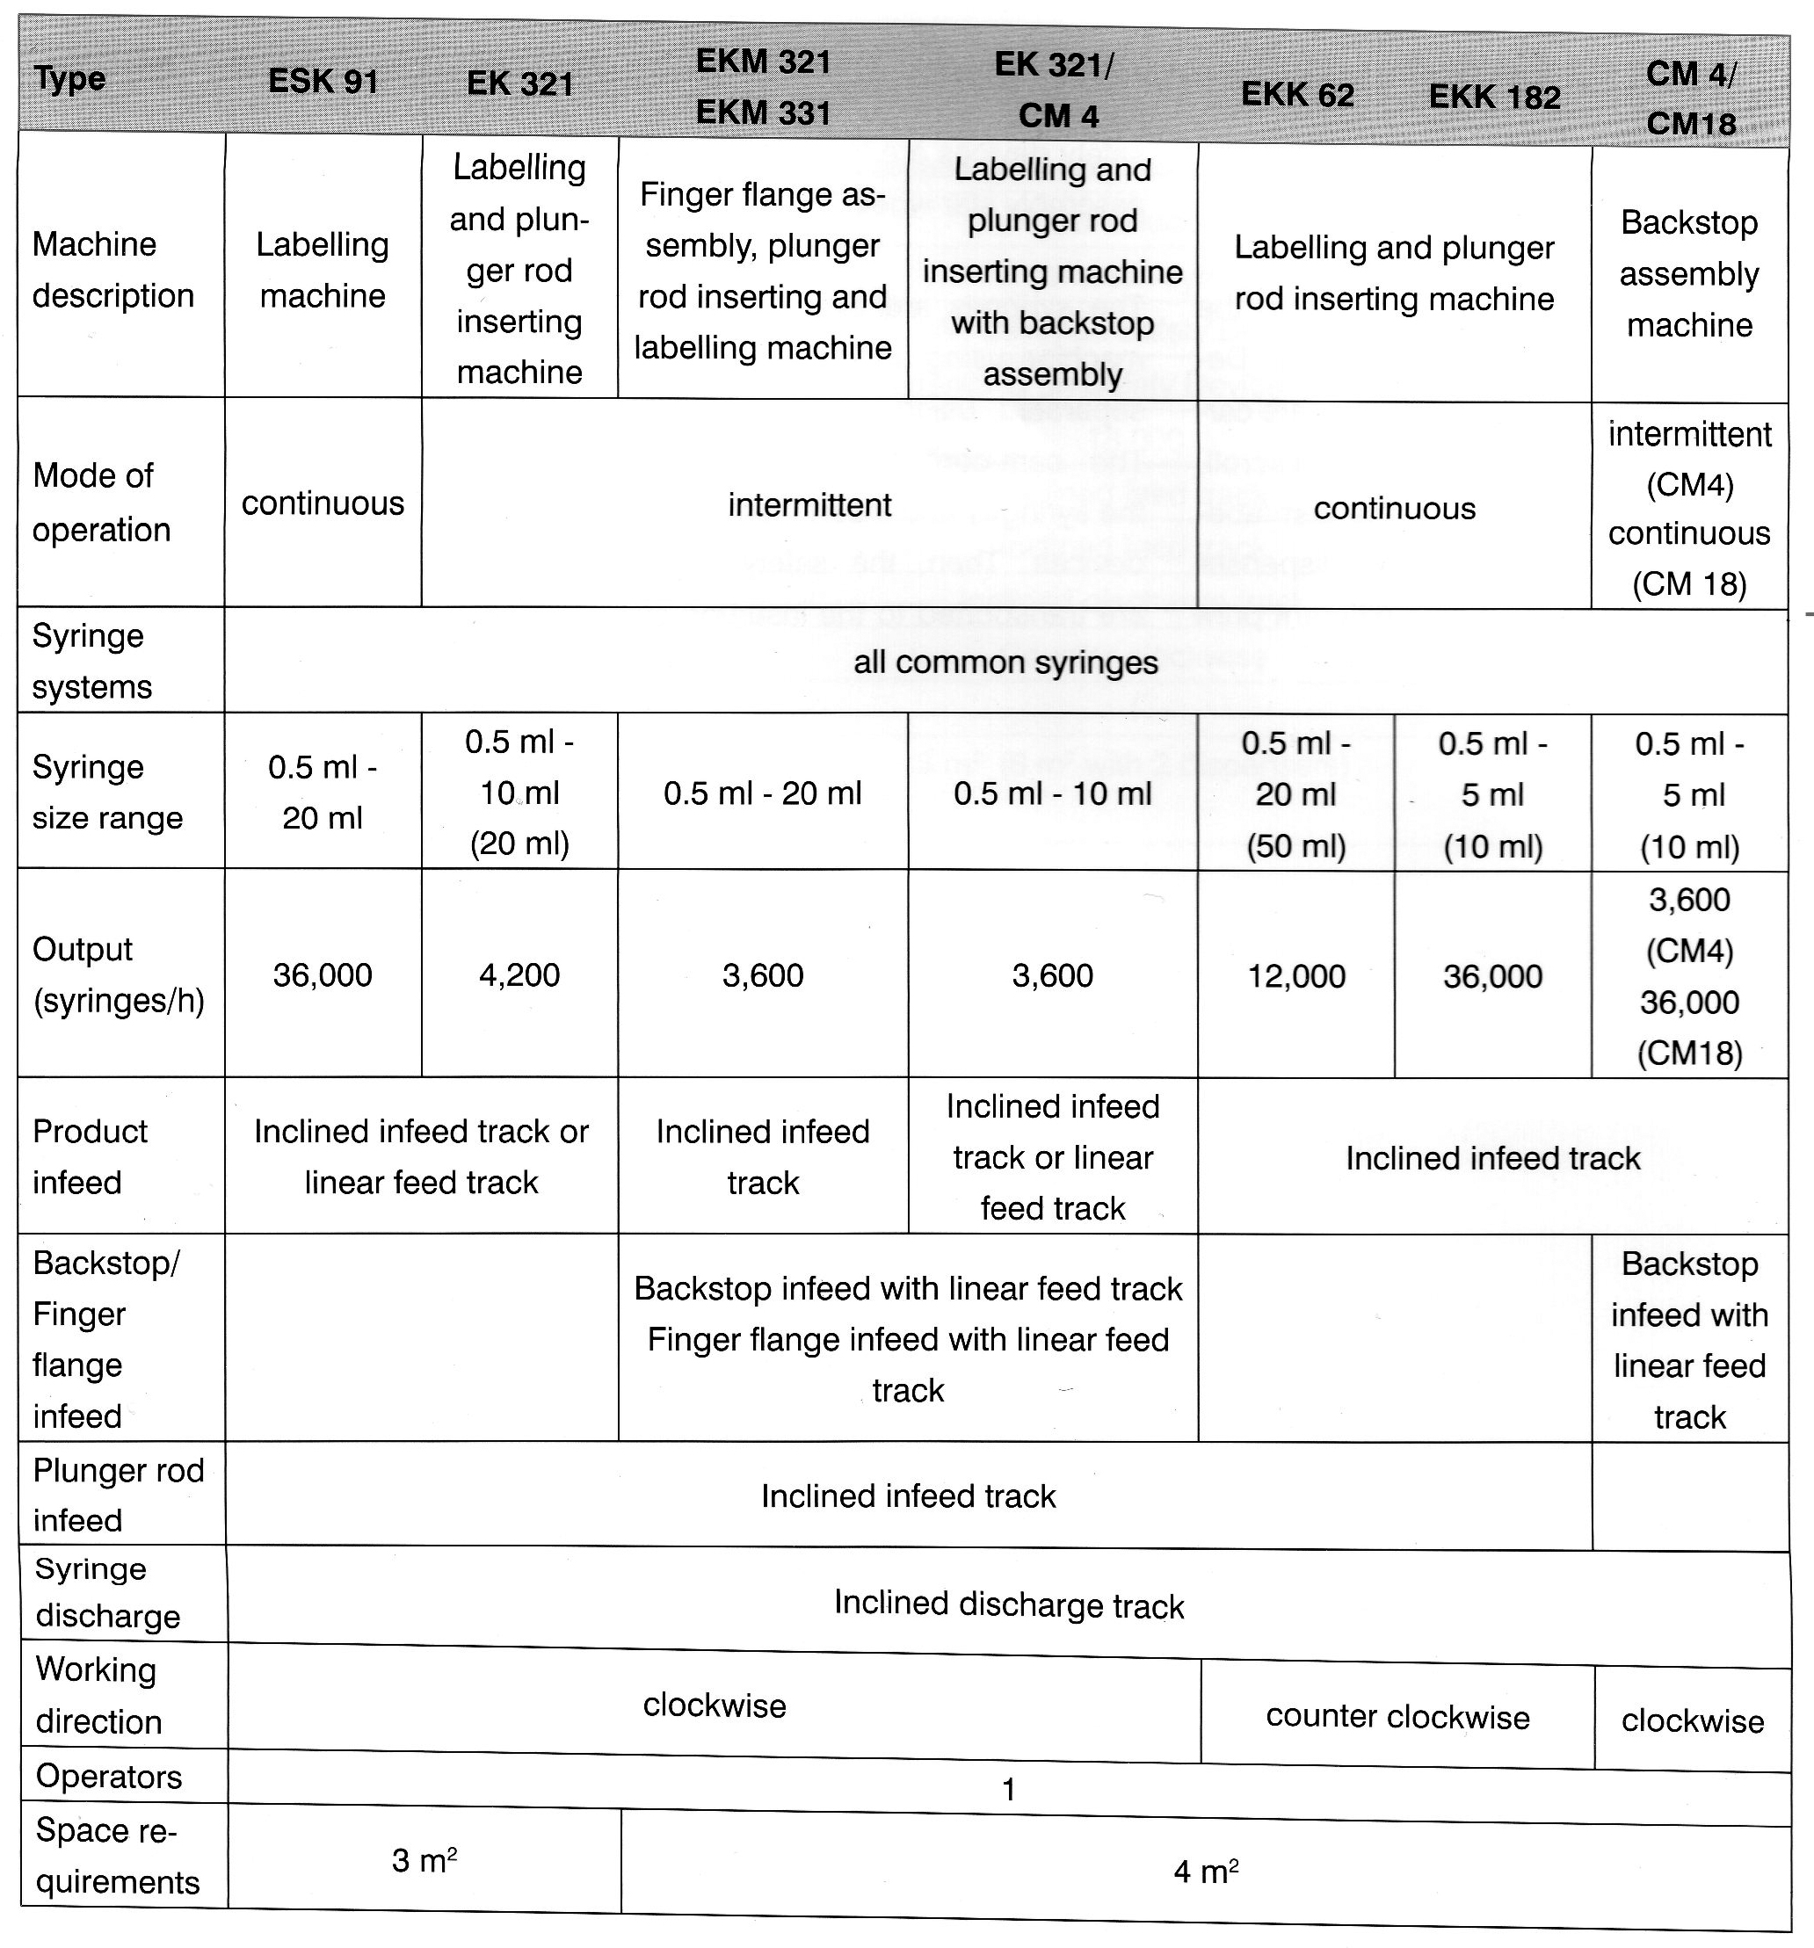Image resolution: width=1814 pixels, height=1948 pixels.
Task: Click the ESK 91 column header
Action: point(323,80)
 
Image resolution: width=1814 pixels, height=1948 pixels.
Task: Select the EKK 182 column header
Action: point(1493,97)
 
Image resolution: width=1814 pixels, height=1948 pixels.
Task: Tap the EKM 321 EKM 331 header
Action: point(763,87)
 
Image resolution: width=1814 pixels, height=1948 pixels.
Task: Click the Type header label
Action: point(69,78)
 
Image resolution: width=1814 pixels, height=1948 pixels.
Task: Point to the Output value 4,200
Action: point(519,975)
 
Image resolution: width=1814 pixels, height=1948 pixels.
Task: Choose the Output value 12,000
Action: point(1295,976)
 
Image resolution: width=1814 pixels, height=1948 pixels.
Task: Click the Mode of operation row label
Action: point(101,503)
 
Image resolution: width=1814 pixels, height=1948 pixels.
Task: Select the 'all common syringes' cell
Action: point(1005,663)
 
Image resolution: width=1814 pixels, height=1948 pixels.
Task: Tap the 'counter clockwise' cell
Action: point(1397,1717)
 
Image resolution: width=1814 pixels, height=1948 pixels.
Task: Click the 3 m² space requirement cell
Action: point(424,1860)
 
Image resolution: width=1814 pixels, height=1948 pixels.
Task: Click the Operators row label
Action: point(109,1777)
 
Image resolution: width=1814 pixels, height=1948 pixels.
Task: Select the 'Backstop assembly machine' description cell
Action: point(1689,273)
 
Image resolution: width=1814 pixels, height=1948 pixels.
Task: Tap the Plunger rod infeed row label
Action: point(118,1495)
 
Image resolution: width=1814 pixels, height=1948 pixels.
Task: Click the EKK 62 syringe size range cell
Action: point(1295,793)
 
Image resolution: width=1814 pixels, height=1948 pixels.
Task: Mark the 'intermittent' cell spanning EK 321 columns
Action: point(809,504)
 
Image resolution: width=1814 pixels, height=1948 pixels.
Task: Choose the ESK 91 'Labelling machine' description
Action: point(323,270)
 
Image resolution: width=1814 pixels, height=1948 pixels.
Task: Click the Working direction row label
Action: point(98,1695)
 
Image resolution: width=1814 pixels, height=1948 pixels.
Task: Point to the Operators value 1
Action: point(1008,1790)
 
